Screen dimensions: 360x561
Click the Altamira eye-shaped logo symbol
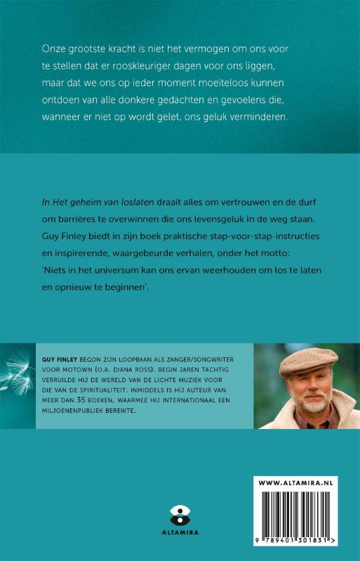[x=180, y=513]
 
